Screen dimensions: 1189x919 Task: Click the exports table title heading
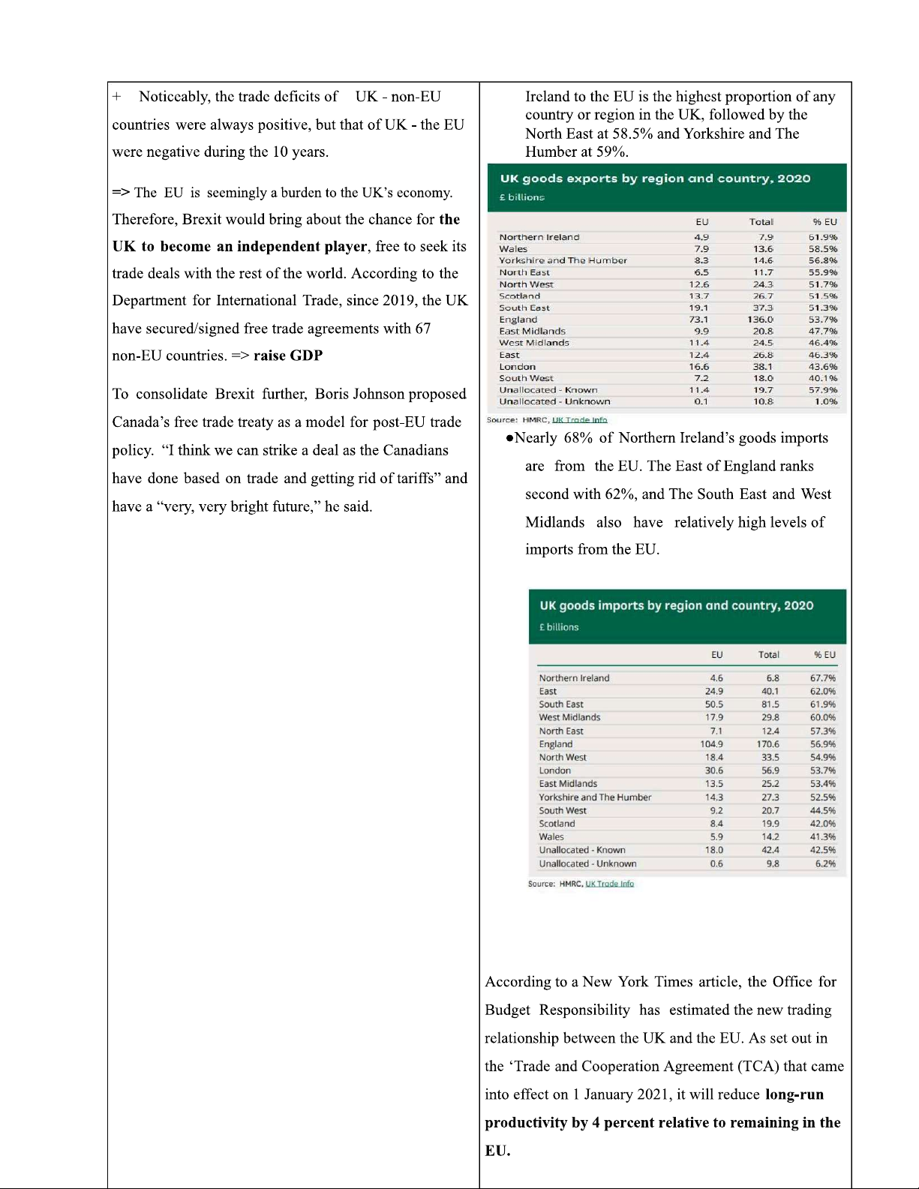655,179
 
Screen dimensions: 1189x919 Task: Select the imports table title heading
676,605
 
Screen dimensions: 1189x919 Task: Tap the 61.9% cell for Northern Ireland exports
822,237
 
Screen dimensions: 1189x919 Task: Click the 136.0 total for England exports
760,320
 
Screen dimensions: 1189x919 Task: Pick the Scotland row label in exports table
519,296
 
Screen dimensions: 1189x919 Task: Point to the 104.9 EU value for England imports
711,744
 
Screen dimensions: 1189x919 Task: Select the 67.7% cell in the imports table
822,678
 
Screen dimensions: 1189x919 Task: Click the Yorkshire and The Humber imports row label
595,797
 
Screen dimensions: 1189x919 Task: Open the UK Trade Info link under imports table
609,884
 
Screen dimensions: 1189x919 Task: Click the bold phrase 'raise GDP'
288,356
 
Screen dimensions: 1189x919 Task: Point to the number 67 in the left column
423,329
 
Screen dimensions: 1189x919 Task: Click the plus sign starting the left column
117,97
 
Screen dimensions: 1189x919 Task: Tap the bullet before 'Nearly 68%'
509,438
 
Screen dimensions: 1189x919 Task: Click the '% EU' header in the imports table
824,655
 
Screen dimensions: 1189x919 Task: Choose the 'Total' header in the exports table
761,222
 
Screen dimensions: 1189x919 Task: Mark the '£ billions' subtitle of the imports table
559,627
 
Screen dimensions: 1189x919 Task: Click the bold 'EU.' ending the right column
497,1151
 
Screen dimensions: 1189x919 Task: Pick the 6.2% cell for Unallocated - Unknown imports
825,863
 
